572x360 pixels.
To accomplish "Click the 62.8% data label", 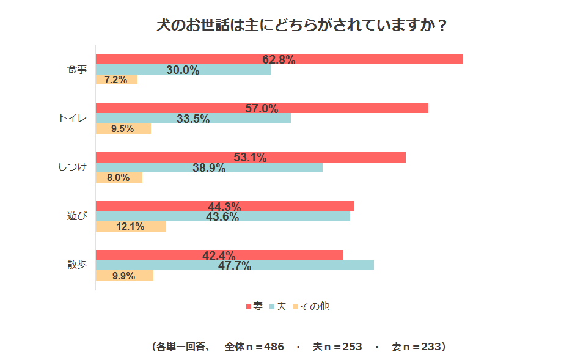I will (x=279, y=59).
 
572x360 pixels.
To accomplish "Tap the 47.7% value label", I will (x=235, y=265).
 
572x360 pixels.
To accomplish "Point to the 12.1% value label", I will (x=130, y=227).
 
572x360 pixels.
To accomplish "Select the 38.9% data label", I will (x=209, y=167).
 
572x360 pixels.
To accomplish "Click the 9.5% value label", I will (x=123, y=129).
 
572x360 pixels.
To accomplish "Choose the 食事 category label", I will (x=77, y=70).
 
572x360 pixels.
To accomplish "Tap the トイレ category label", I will (x=73, y=119).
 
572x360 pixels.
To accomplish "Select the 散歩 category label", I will (x=77, y=265).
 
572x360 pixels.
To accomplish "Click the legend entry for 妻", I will (x=255, y=306).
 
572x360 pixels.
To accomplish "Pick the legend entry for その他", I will (x=312, y=306).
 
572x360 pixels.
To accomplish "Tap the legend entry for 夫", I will (x=278, y=306).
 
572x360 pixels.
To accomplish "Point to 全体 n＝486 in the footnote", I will (x=254, y=347).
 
